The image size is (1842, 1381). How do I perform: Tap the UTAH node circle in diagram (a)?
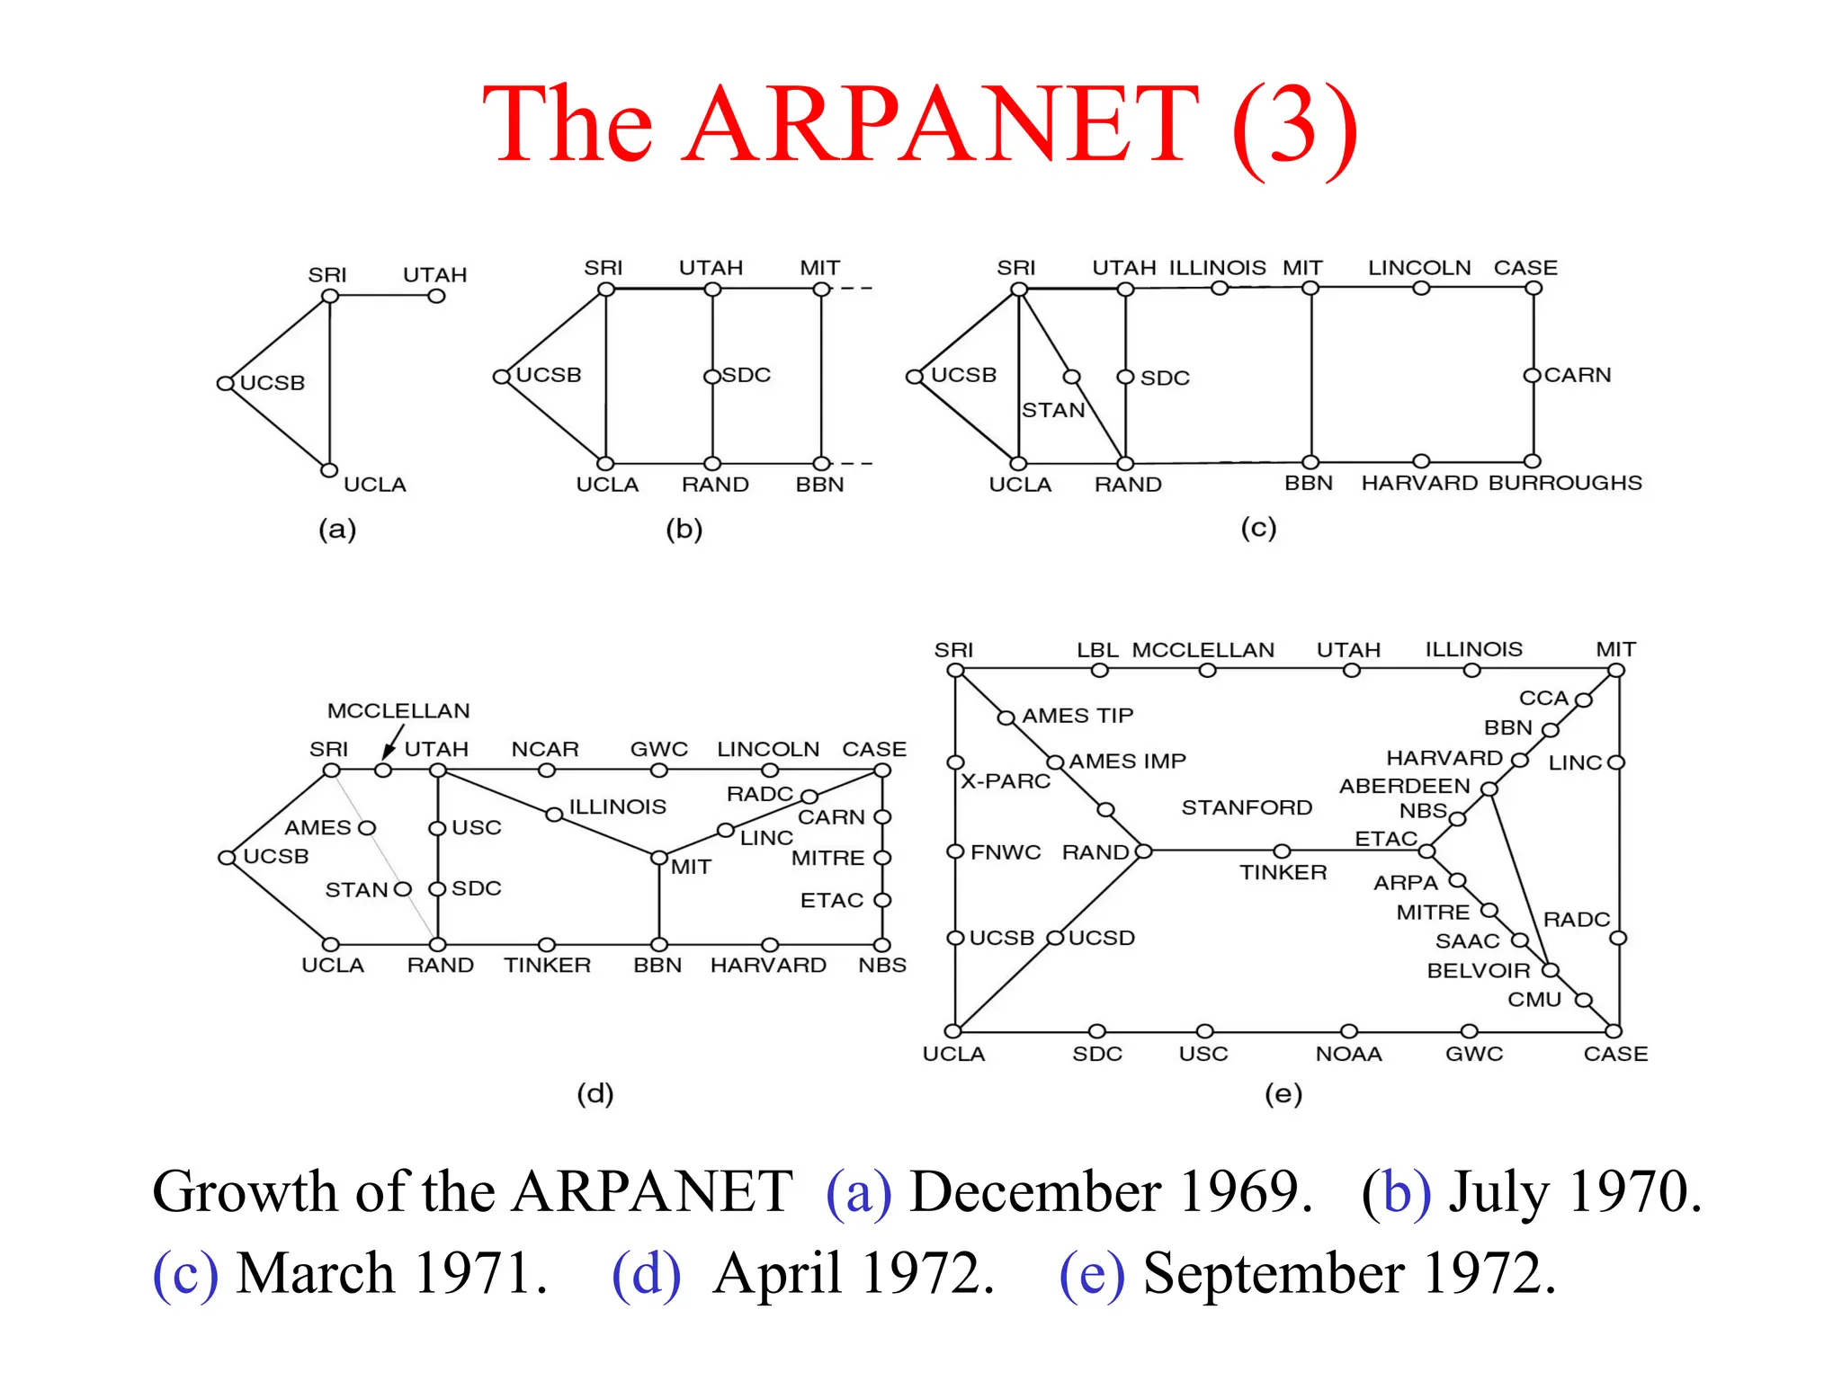tap(436, 296)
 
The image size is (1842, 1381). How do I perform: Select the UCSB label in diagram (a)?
tap(273, 383)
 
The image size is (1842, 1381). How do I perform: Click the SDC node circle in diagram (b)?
tap(712, 376)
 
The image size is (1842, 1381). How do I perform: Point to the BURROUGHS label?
tap(1565, 483)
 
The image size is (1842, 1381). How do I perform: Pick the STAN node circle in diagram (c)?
tap(1070, 377)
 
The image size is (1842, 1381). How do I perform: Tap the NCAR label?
tap(545, 749)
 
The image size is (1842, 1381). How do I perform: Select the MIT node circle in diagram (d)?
tap(659, 857)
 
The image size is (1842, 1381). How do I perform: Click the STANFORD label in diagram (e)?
tap(1247, 807)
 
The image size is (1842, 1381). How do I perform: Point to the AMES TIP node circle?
tap(1006, 717)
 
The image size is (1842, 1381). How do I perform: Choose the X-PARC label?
tap(1006, 780)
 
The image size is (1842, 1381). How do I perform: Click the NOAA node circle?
tap(1348, 1030)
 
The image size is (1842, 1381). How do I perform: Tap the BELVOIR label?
tap(1479, 971)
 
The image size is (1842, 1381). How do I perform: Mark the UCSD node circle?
tap(1056, 938)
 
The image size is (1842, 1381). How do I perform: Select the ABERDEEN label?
tap(1404, 786)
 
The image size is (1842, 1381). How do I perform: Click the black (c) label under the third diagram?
tap(1258, 528)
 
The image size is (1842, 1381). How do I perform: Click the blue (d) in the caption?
tap(646, 1274)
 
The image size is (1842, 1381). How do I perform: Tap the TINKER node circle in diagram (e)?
tap(1283, 851)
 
